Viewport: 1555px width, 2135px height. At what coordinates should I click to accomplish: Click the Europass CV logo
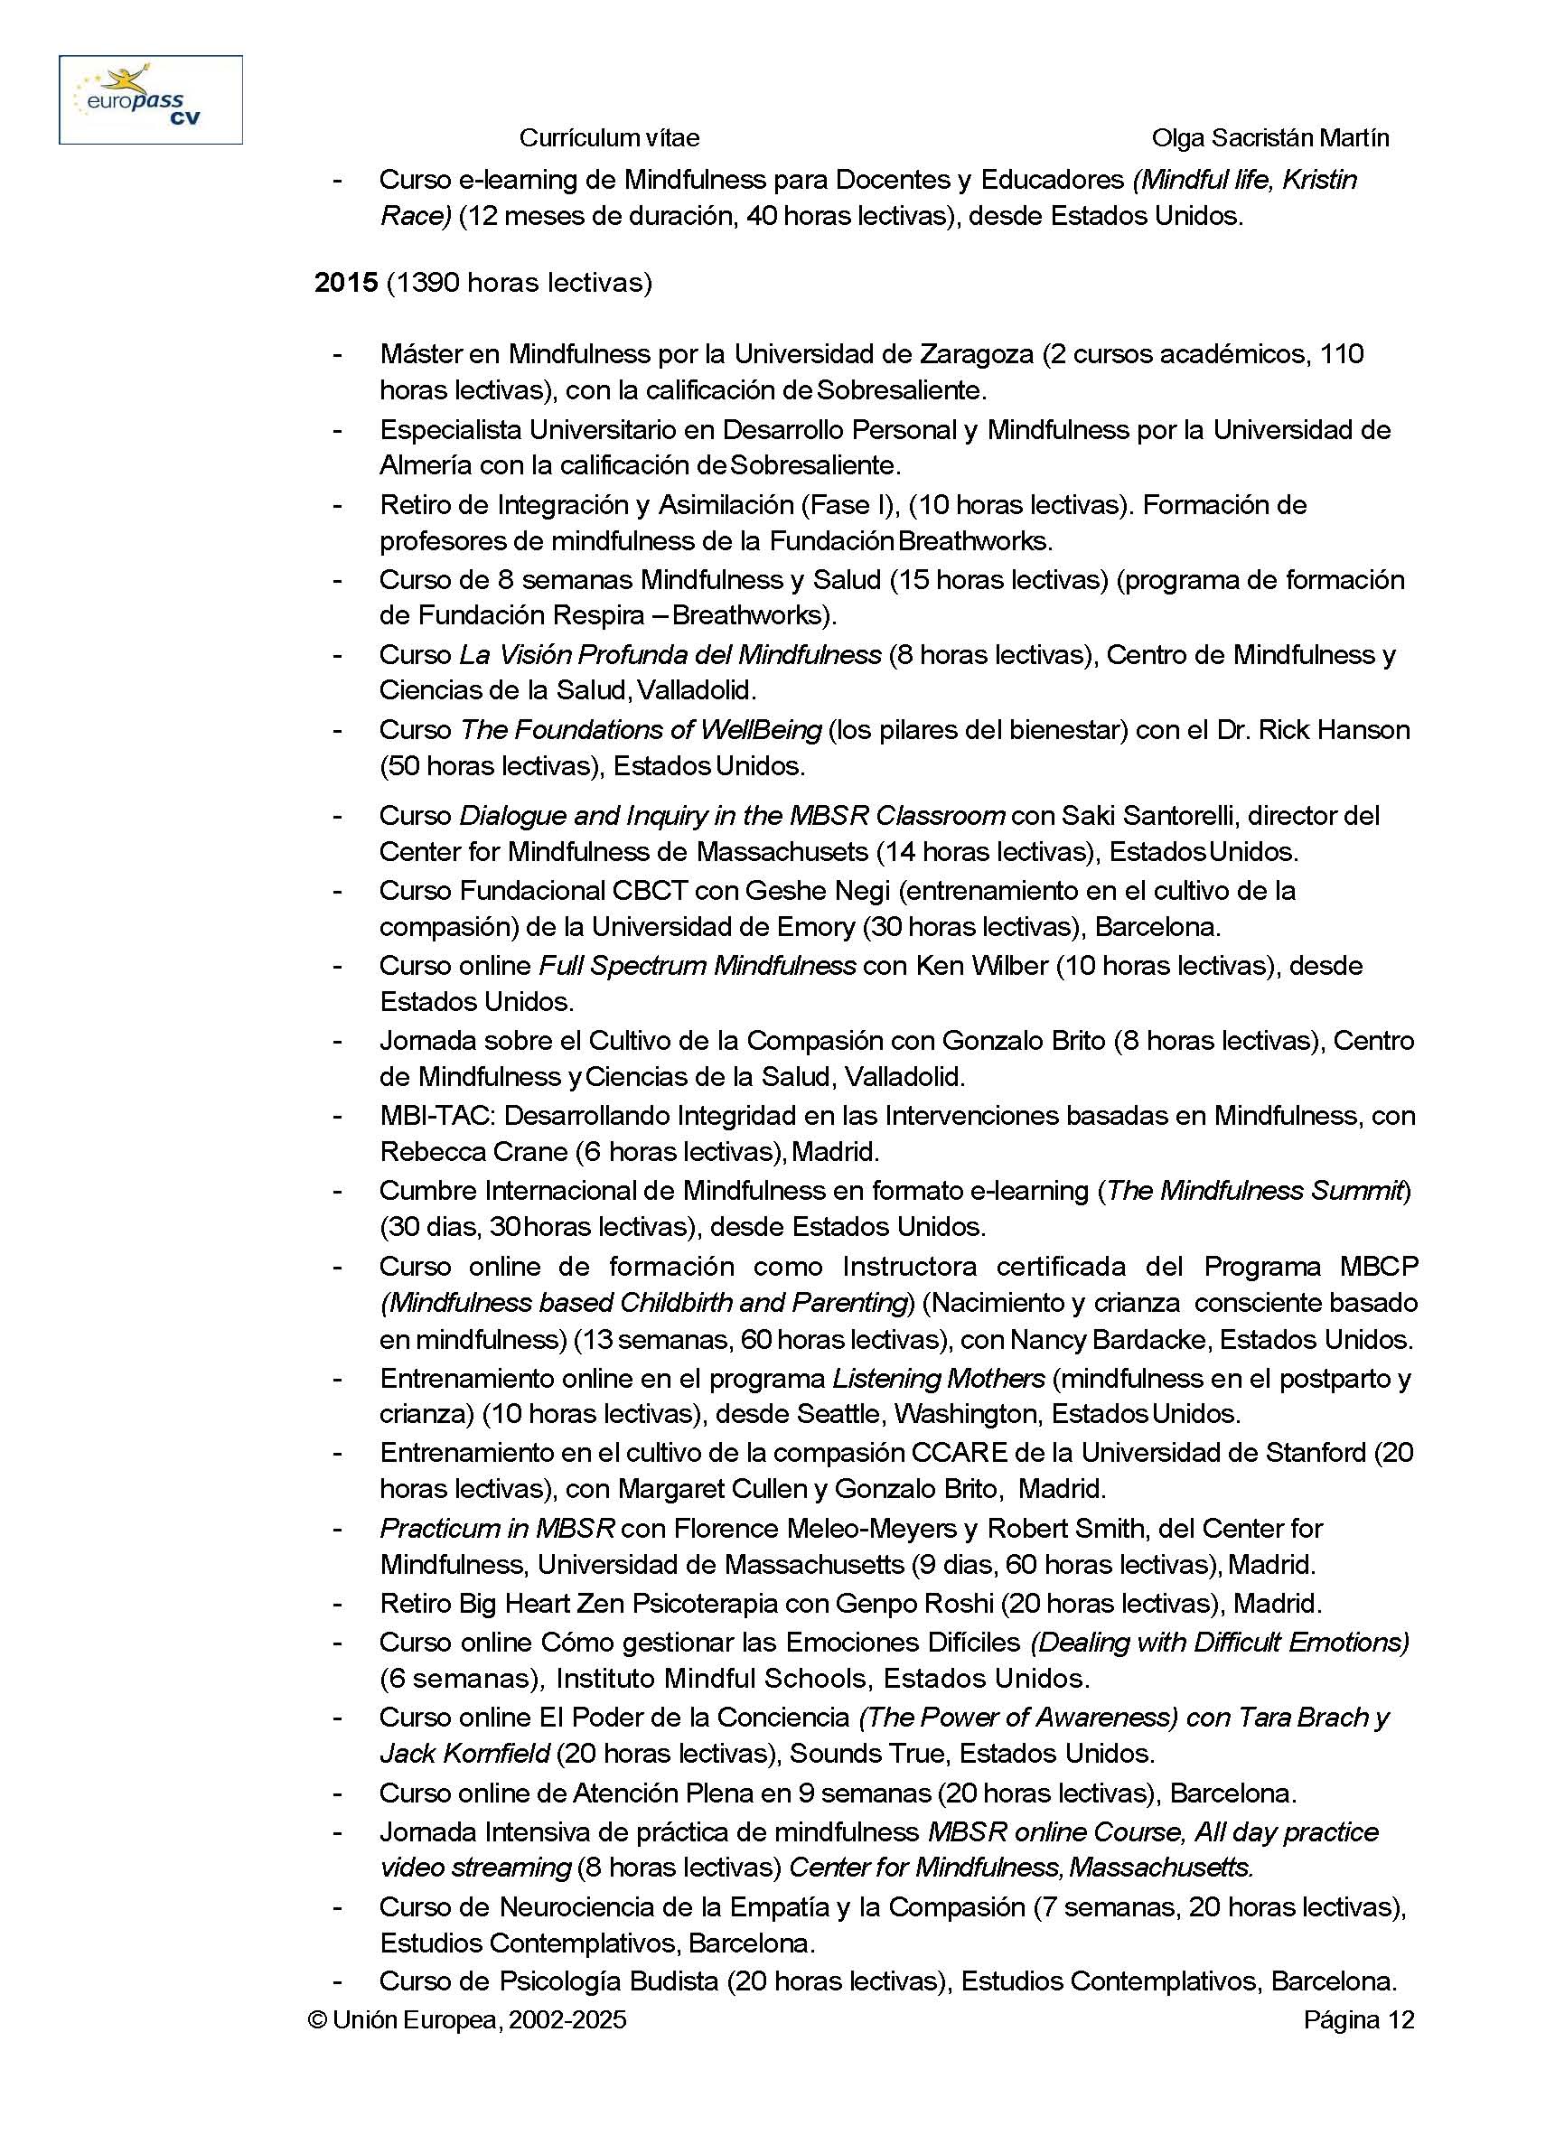pos(151,99)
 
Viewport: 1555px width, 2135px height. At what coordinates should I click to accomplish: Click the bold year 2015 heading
pos(345,283)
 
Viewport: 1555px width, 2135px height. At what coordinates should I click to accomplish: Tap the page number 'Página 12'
pos(1358,2020)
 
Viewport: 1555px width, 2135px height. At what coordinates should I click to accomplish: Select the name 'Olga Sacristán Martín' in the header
pos(1269,138)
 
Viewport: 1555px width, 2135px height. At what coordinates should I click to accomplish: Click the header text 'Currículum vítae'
pos(609,138)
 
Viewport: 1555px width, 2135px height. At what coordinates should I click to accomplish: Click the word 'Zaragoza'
pos(974,354)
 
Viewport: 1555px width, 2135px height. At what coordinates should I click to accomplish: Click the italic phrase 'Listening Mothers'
pos(939,1378)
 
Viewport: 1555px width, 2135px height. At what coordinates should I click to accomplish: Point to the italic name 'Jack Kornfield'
pos(465,1753)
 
